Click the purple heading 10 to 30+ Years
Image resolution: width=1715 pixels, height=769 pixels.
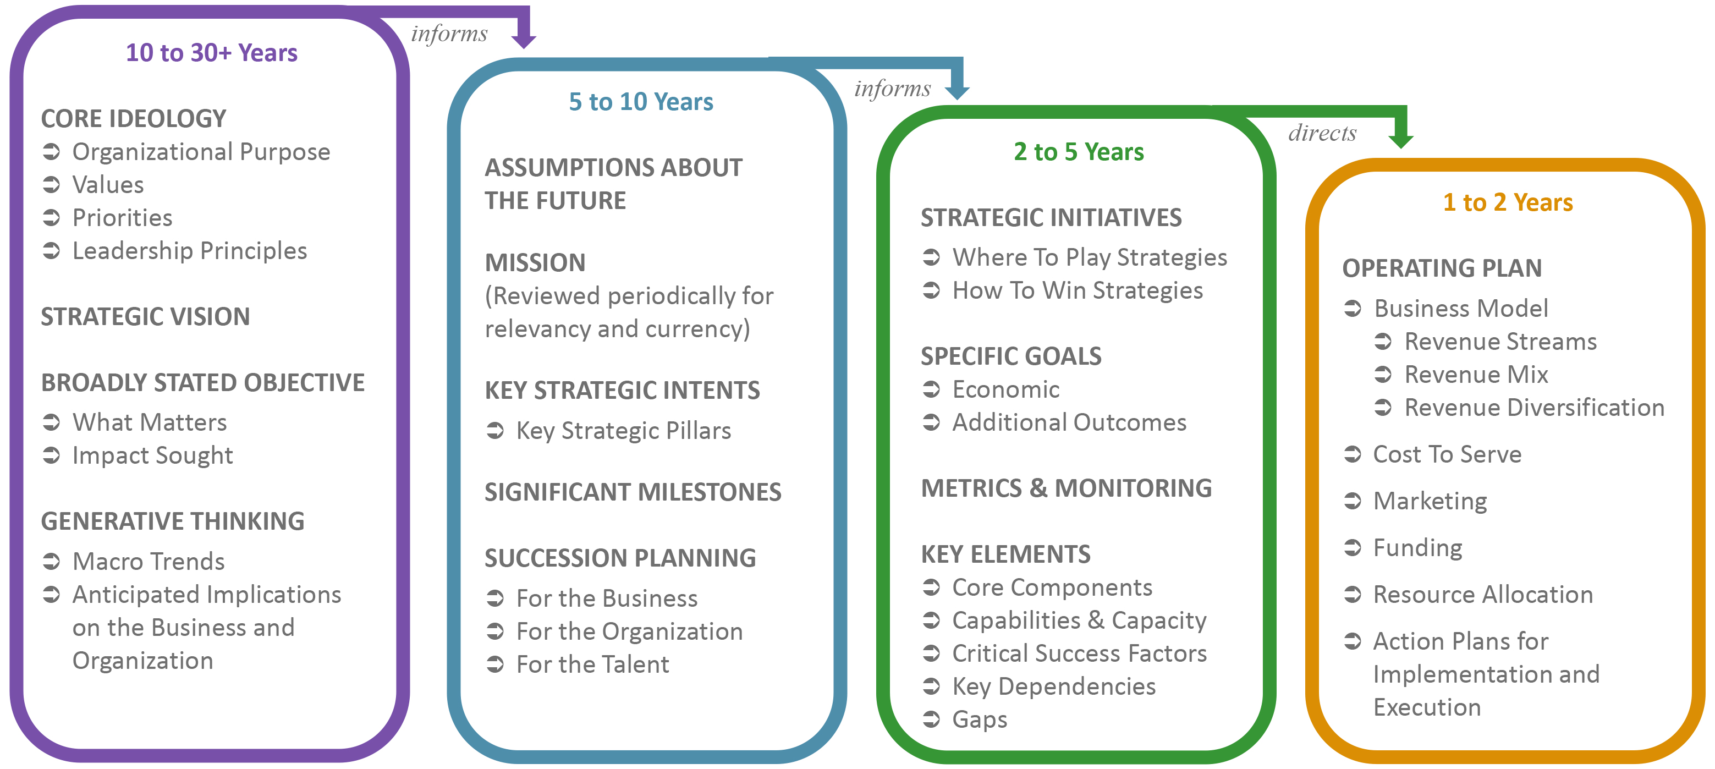(x=211, y=53)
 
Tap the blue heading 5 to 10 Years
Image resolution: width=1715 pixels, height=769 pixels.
(x=640, y=102)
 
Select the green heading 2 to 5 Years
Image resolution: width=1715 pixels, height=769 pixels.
(x=1078, y=152)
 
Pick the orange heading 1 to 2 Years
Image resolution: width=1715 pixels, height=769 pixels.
(x=1507, y=202)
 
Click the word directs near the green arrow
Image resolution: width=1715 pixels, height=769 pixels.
(x=1322, y=133)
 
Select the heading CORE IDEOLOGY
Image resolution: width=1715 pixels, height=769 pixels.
(x=133, y=118)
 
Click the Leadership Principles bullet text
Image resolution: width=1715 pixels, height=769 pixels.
(x=189, y=251)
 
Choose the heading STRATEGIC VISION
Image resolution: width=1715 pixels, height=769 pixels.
(x=145, y=316)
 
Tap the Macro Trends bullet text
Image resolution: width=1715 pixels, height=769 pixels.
(x=148, y=561)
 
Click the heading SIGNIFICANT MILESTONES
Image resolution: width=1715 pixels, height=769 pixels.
(x=633, y=492)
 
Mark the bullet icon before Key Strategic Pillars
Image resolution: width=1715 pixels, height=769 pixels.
(x=494, y=431)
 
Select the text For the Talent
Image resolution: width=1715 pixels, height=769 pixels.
(x=592, y=664)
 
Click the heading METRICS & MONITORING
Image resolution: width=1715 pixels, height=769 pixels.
(x=1066, y=488)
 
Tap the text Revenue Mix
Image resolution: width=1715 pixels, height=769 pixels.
(x=1475, y=375)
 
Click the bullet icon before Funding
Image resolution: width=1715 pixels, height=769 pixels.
(x=1352, y=548)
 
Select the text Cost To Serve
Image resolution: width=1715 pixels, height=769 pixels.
(x=1447, y=454)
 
